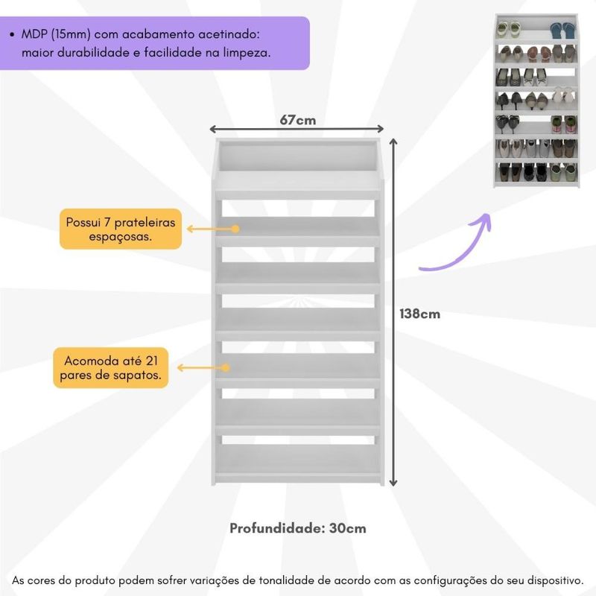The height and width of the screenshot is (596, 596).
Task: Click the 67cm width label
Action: [297, 119]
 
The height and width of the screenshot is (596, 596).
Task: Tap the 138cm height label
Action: [420, 314]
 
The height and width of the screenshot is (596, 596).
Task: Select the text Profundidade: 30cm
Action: [297, 528]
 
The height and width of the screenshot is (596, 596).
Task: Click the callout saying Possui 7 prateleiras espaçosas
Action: [120, 229]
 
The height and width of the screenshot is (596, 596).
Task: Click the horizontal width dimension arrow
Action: [297, 129]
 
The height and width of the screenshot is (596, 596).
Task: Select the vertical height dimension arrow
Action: [394, 313]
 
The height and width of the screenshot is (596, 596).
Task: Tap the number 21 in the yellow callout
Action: [152, 360]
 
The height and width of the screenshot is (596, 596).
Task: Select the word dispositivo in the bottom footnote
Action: [551, 580]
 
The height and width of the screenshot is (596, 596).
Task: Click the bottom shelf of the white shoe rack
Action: [299, 458]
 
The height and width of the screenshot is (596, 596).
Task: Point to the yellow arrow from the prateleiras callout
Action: [212, 229]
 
